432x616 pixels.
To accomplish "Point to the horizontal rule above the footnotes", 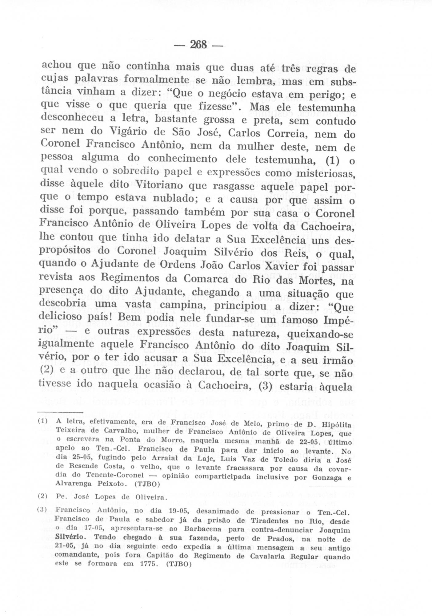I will click(x=60, y=412).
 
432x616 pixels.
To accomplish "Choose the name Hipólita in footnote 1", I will click(x=335, y=424).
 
